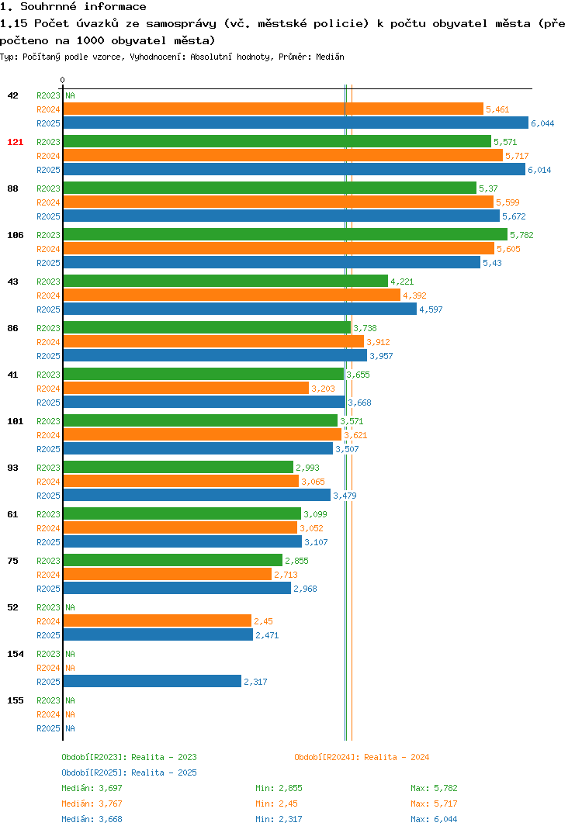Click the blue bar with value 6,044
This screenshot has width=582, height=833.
(296, 123)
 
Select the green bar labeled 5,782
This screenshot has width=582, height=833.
(286, 234)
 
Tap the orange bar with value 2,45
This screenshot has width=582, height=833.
(158, 620)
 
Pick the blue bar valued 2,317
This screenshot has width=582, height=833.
(152, 681)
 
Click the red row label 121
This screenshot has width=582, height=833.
(16, 142)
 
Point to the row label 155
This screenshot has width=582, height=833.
(16, 700)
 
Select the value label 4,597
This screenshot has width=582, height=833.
(431, 309)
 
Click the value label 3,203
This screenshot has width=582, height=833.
(323, 389)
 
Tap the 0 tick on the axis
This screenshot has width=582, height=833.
(63, 80)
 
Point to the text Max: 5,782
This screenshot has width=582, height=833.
(434, 788)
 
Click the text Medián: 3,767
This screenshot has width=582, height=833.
(92, 804)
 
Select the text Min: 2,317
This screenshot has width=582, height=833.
(279, 819)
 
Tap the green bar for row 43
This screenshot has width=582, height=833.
(225, 281)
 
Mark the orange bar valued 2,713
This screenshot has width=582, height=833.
(168, 574)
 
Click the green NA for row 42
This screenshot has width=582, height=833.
(70, 95)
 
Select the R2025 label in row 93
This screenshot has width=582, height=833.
(48, 496)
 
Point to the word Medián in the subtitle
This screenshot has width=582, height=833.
(330, 57)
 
